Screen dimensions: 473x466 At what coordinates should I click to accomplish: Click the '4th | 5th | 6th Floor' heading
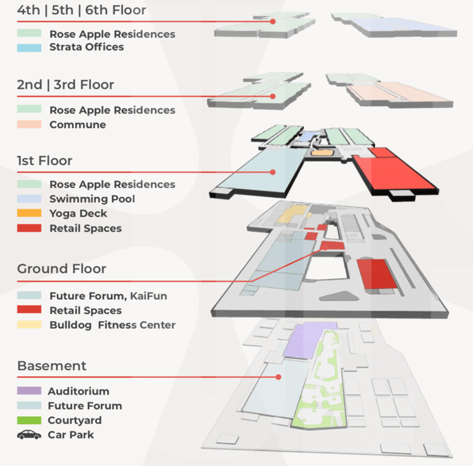[81, 10]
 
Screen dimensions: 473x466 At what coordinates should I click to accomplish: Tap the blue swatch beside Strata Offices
[29, 47]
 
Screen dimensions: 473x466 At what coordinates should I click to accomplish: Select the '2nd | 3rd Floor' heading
[65, 85]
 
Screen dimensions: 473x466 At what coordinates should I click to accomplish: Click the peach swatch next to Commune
[29, 124]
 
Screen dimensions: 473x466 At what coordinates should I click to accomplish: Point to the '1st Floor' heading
[44, 161]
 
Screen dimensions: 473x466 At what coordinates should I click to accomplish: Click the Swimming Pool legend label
[92, 199]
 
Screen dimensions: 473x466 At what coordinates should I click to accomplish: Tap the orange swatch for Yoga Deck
[29, 214]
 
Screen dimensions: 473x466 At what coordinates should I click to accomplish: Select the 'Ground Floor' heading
[62, 269]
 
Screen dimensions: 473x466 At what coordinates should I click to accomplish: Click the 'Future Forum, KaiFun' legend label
[108, 296]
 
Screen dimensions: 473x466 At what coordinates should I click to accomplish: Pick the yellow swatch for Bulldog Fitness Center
[29, 325]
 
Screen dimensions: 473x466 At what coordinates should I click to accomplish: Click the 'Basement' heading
[52, 366]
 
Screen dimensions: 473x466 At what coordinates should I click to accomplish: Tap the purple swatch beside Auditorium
[29, 391]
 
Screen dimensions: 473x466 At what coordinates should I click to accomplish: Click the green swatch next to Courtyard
[29, 420]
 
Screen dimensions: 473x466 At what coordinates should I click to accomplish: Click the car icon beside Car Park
[29, 435]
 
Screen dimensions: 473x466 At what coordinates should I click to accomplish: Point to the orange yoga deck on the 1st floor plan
[321, 151]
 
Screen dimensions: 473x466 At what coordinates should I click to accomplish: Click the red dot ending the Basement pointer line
[278, 377]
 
